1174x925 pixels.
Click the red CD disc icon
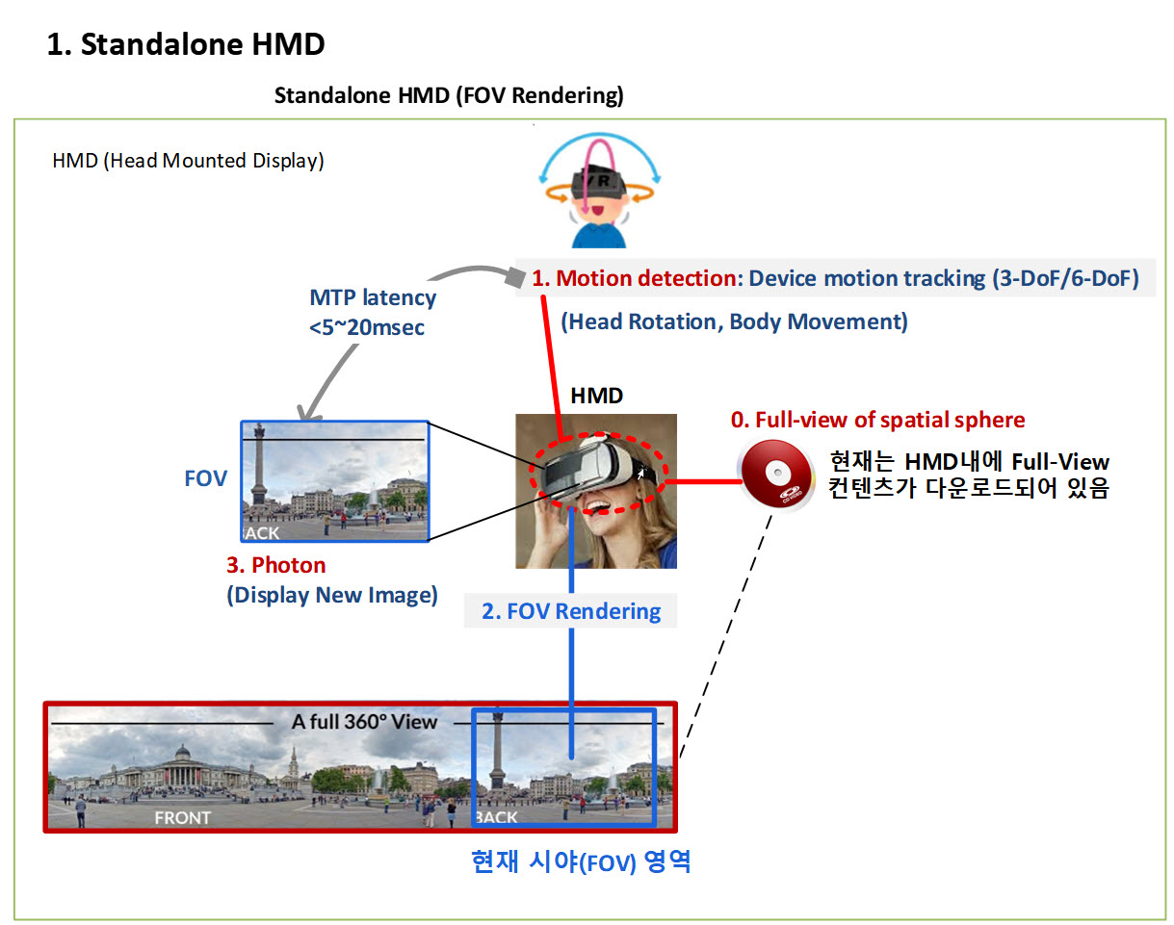775,474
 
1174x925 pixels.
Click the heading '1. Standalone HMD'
186,43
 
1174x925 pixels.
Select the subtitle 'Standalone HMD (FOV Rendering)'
449,95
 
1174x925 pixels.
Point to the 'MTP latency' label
373,297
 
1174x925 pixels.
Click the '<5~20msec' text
367,327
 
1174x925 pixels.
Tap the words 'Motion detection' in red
646,278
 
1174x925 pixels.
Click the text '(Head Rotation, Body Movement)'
734,321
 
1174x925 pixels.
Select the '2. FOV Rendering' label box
571,611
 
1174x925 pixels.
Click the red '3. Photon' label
276,565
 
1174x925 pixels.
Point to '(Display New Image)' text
332,595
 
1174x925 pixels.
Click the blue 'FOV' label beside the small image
205,478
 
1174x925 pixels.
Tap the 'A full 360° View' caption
364,722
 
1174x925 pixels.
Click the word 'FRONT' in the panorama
182,817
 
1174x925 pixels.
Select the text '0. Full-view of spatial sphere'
877,420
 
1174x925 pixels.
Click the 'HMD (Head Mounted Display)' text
188,161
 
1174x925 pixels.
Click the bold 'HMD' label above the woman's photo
596,396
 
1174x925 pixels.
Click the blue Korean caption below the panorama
581,862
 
